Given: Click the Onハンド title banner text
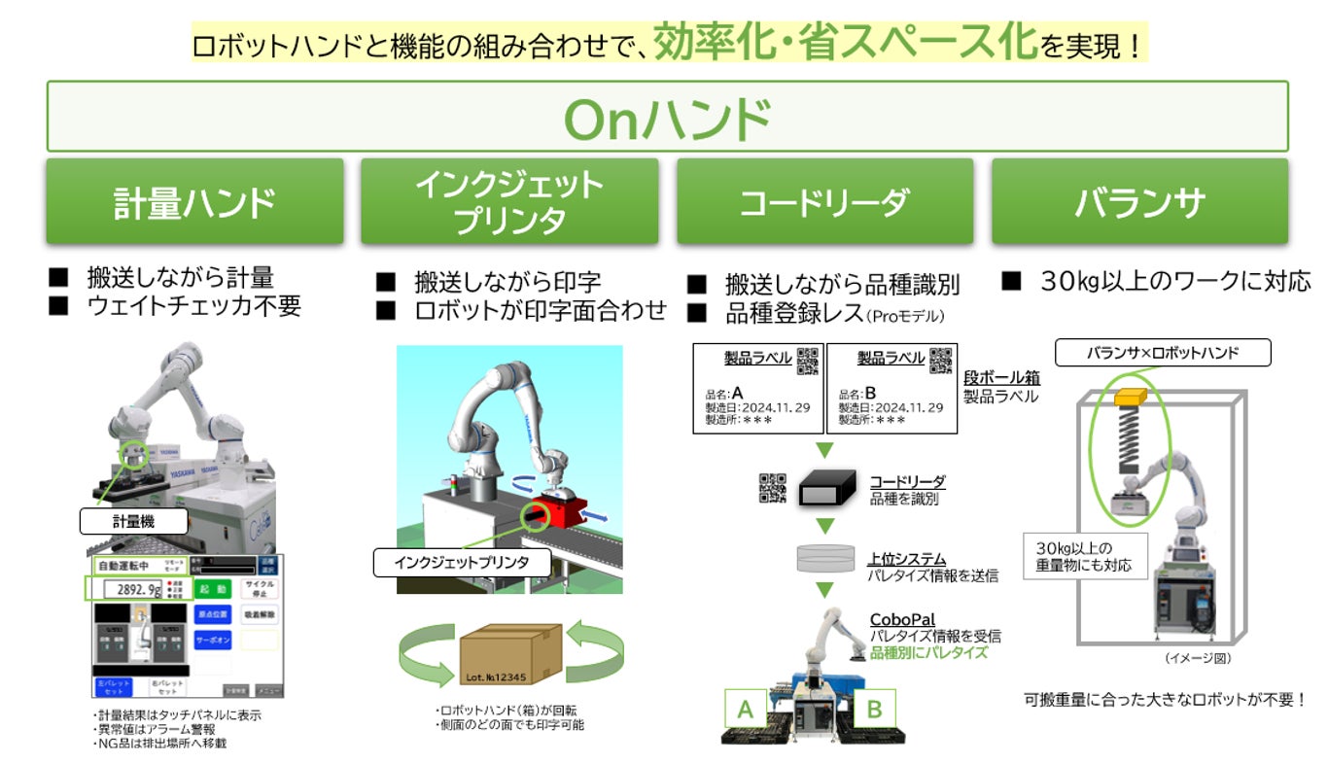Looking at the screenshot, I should coord(667,118).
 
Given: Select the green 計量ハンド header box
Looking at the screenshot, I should coord(194,202).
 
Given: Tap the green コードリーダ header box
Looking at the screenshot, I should coord(824,202).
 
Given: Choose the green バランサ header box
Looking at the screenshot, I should coord(1139,202).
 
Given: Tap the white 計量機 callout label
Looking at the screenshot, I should coord(132,521).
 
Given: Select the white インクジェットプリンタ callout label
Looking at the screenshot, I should coord(462,561).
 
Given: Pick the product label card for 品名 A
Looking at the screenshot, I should coord(757,388).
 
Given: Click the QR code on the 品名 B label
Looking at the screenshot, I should coord(940,361).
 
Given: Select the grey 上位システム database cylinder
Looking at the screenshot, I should coord(824,558).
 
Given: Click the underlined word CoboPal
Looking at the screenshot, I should coord(903,619).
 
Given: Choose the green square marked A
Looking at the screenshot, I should coord(746,709).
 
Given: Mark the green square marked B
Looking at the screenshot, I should coord(873,709).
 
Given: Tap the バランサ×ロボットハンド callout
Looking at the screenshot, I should coord(1162,352).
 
